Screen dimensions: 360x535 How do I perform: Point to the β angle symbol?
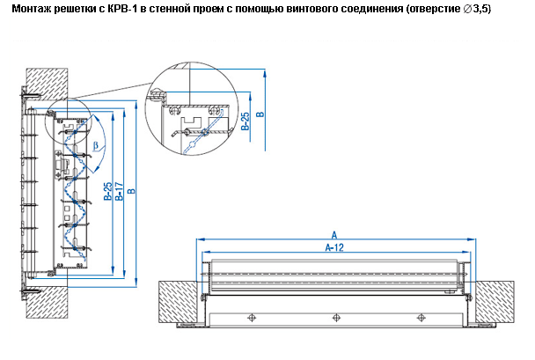coord(95,144)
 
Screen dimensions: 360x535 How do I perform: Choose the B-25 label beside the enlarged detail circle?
coord(246,121)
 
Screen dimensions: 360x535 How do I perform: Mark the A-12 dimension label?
coord(334,249)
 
